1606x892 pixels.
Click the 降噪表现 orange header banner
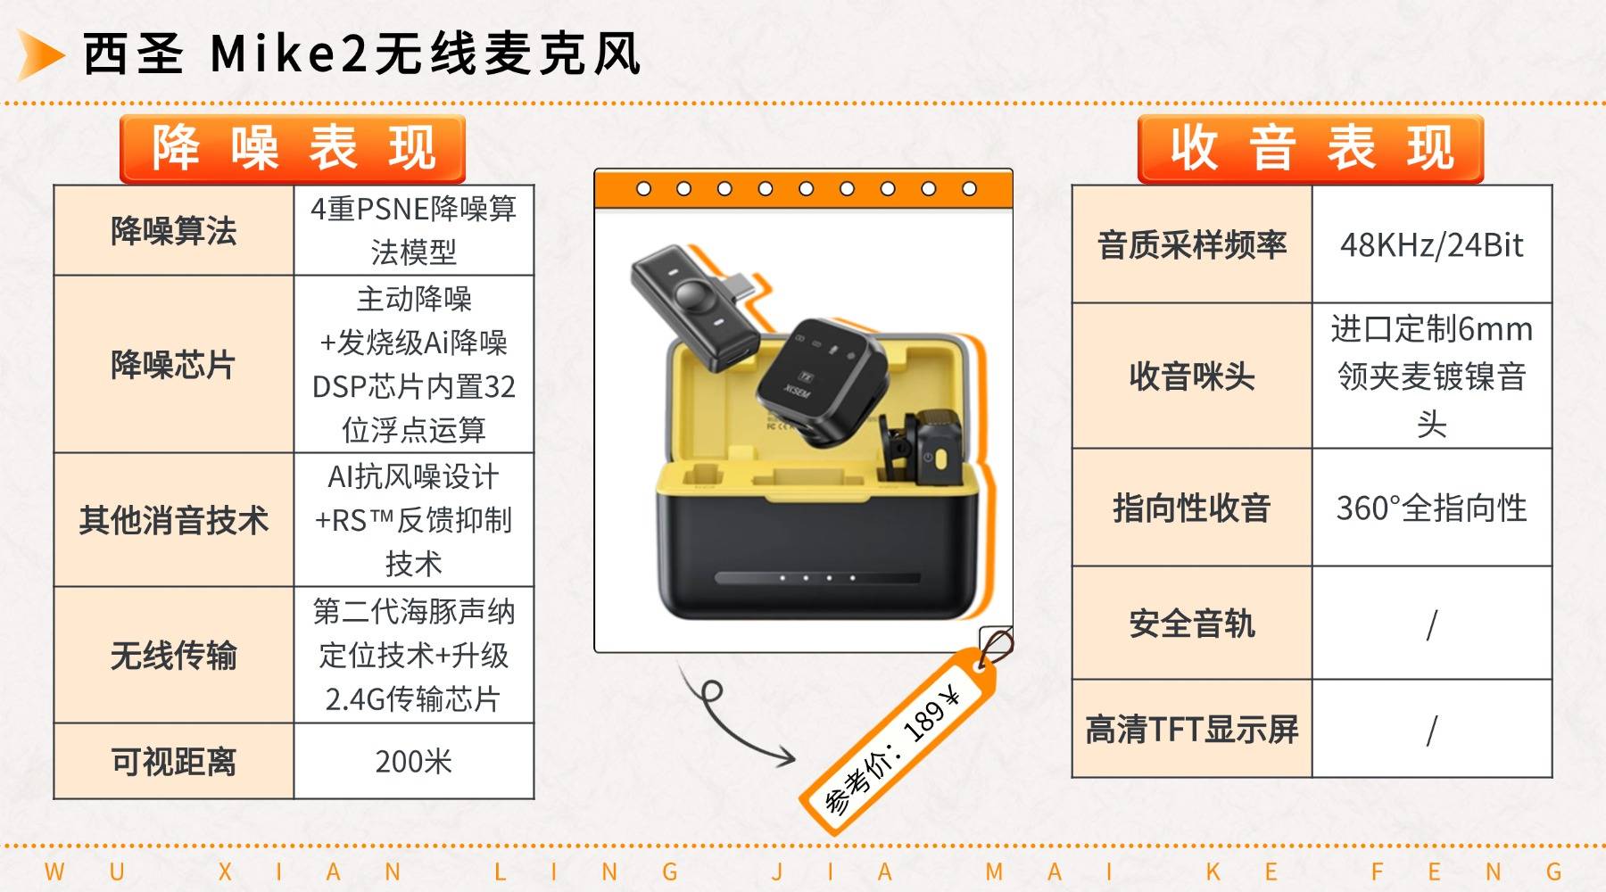pos(293,149)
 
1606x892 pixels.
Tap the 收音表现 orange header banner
pos(1311,149)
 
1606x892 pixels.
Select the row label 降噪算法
pos(174,231)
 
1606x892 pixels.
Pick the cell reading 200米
pos(414,761)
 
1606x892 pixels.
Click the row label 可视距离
pos(174,761)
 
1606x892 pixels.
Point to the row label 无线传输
pos(174,655)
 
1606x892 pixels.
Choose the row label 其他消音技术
pos(174,519)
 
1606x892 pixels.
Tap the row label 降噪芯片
pos(174,364)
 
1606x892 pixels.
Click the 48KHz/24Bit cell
pos(1432,244)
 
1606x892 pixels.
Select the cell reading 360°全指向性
pos(1432,508)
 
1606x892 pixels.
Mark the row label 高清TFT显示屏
pos(1192,729)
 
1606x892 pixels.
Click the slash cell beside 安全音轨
pos(1432,624)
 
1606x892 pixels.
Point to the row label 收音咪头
pos(1192,376)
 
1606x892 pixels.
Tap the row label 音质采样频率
pos(1192,244)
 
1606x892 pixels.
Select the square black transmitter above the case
pos(821,380)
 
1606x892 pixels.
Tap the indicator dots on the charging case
pos(817,578)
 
